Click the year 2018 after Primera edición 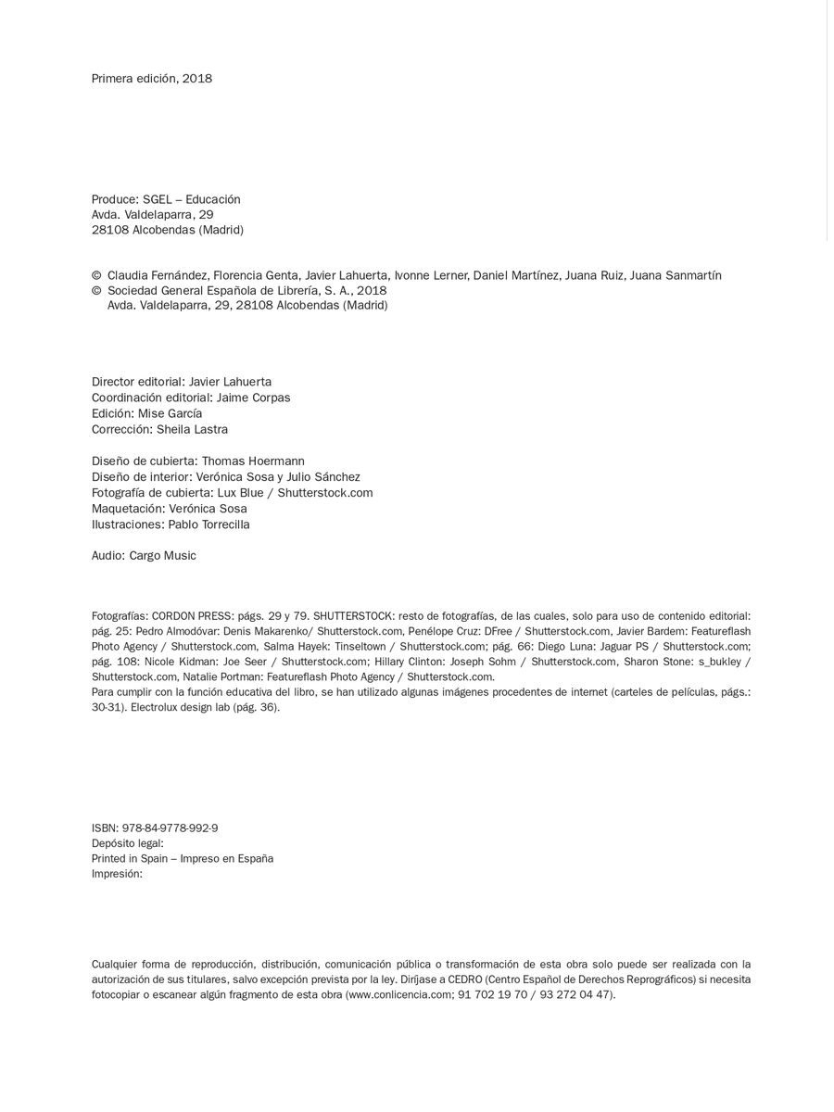click(196, 79)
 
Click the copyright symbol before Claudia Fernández click(96, 276)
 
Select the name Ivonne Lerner click(431, 275)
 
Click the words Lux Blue click(240, 493)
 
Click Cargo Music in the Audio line click(164, 556)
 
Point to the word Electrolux click(152, 707)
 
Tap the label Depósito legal click(127, 843)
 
